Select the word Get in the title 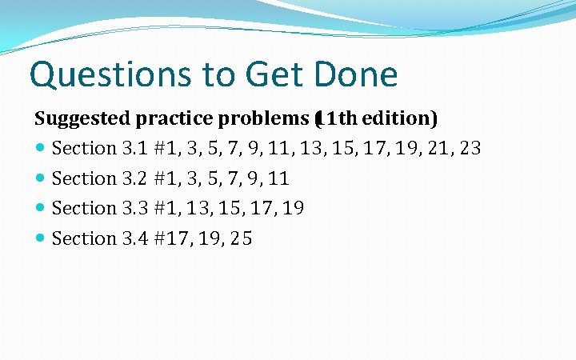pyautogui.click(x=273, y=75)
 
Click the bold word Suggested pyautogui.click(x=82, y=119)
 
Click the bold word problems pyautogui.click(x=261, y=119)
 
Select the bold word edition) pyautogui.click(x=402, y=119)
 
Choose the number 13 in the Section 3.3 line pyautogui.click(x=197, y=209)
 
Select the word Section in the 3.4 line pyautogui.click(x=84, y=238)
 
